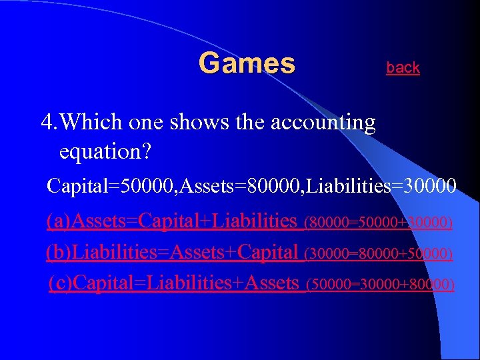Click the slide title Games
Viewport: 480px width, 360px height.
(x=247, y=64)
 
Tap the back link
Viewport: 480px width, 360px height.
(x=403, y=67)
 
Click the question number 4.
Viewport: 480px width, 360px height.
(x=47, y=122)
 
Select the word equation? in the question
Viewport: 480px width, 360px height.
(x=105, y=153)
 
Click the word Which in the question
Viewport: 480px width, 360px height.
(x=91, y=122)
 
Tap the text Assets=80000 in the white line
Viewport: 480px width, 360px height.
(x=221, y=185)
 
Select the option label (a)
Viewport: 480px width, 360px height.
(x=57, y=221)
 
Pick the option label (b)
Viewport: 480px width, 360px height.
(x=57, y=253)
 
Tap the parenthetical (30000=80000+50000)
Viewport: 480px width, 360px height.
(x=378, y=254)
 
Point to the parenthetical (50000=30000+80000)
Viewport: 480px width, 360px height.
(x=380, y=285)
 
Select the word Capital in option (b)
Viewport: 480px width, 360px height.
(x=267, y=253)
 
